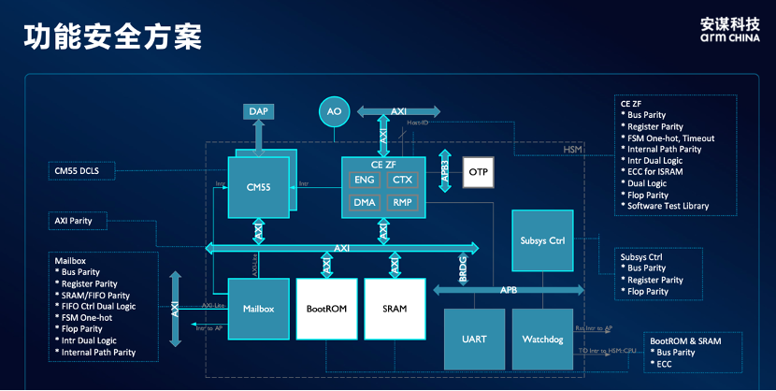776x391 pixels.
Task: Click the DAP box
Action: (259, 112)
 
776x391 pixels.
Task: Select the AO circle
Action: (334, 112)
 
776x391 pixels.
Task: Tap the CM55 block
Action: (258, 187)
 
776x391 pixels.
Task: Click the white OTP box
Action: (478, 173)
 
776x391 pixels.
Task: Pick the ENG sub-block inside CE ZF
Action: (365, 179)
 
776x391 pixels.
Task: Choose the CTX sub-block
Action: (402, 179)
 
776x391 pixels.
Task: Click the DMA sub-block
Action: (365, 202)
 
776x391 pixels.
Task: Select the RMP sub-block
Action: (402, 202)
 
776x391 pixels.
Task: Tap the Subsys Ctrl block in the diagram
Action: (542, 240)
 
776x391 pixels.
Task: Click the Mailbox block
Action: (257, 308)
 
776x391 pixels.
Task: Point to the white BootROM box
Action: (326, 308)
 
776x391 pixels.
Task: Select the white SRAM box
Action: (395, 308)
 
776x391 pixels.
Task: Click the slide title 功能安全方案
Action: (112, 37)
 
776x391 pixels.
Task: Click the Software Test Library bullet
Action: (668, 206)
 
